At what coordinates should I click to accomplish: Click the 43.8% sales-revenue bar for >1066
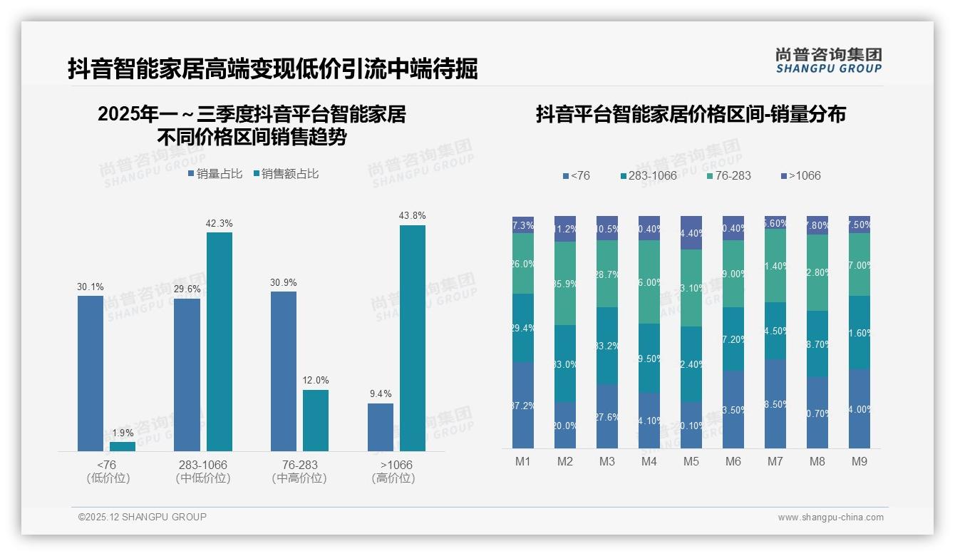click(412, 338)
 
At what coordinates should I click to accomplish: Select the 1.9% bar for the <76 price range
click(123, 446)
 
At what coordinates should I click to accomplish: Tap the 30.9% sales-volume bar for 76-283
click(284, 371)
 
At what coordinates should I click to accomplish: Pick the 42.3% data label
click(220, 224)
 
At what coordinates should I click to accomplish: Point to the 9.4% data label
click(381, 394)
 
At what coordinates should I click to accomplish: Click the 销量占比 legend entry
click(215, 174)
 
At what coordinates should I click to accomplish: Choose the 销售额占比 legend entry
click(286, 174)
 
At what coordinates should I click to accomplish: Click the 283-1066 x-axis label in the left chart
click(203, 465)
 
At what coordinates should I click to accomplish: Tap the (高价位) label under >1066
click(393, 478)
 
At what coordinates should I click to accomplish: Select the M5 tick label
click(691, 462)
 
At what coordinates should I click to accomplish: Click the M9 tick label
click(859, 462)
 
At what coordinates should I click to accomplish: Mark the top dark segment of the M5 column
click(691, 232)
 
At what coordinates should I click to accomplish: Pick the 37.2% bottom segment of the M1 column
click(523, 405)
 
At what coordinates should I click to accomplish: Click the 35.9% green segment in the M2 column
click(565, 283)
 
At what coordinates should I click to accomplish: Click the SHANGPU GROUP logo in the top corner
click(828, 61)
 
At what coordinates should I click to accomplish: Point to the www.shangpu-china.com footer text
click(830, 518)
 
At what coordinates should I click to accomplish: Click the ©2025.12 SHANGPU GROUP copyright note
click(143, 517)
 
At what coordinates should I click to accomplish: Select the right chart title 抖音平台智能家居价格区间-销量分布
click(691, 114)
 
